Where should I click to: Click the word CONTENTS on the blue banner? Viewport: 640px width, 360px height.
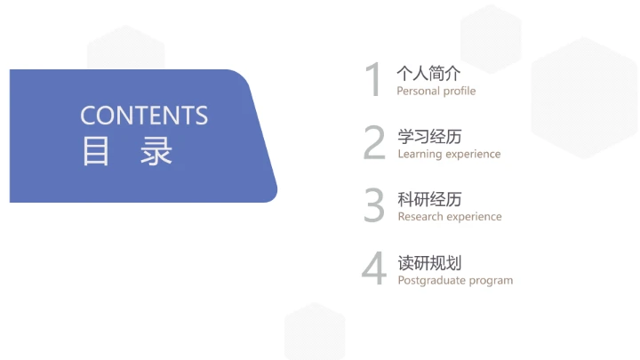point(144,116)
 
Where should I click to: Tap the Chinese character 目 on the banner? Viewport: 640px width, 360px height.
point(95,151)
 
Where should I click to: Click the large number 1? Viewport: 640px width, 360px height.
point(373,80)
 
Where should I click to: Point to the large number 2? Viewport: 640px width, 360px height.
point(374,143)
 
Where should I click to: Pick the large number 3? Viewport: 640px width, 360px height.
point(374,205)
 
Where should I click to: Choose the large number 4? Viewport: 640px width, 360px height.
point(374,269)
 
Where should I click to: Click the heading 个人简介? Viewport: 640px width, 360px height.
point(429,73)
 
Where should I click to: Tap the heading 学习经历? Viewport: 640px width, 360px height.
point(429,136)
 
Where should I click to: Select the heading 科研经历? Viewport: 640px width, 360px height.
point(429,199)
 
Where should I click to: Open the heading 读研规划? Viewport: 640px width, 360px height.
point(429,262)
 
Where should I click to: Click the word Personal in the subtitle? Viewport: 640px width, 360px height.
point(418,91)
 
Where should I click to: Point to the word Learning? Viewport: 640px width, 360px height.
point(420,154)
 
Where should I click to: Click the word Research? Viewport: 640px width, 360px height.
point(420,217)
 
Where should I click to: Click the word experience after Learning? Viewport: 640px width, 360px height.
point(473,155)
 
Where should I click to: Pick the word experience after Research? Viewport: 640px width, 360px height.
point(475,218)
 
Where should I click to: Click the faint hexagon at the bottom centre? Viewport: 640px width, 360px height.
point(315,332)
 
